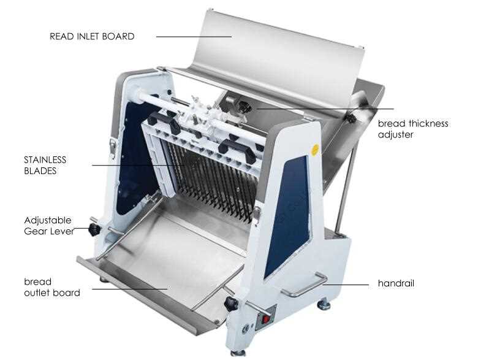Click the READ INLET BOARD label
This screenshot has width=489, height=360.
92,36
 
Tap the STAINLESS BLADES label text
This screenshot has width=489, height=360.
45,166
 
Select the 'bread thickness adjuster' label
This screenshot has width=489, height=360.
413,129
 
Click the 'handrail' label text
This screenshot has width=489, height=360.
396,283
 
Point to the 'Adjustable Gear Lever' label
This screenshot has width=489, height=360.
49,226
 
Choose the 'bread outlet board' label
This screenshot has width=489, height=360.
52,287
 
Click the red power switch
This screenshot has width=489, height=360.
266,319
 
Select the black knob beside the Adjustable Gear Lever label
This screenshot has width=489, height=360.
94,230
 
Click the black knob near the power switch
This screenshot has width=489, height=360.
231,304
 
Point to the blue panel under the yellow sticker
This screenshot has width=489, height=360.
289,215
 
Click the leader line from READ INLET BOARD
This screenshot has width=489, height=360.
194,37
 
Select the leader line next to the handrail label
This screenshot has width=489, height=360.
346,285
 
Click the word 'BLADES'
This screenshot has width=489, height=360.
40,171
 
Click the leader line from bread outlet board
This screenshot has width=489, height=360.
130,289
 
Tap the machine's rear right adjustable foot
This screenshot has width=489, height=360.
324,304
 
